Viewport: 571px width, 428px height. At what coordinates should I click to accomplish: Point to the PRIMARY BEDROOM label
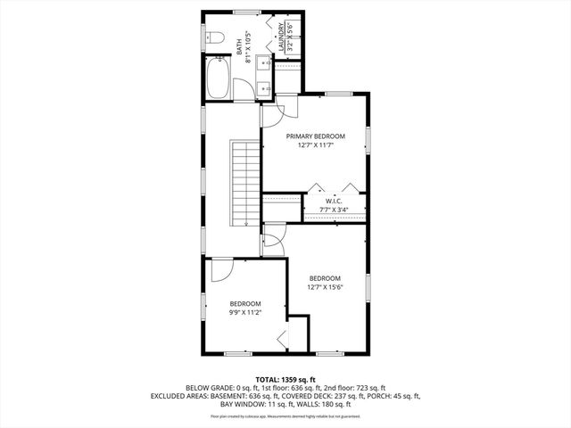315,136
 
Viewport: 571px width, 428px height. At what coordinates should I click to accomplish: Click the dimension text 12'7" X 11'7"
315,147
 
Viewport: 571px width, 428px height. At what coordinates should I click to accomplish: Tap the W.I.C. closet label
334,201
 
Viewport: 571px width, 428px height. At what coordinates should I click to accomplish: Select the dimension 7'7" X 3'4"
334,211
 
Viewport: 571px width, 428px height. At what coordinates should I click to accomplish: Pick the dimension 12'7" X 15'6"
326,286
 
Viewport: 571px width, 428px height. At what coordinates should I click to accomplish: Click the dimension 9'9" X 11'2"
245,313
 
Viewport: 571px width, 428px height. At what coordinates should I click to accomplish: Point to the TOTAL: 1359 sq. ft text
285,380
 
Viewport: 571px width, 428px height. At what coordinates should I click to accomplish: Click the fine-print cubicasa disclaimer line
285,416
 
